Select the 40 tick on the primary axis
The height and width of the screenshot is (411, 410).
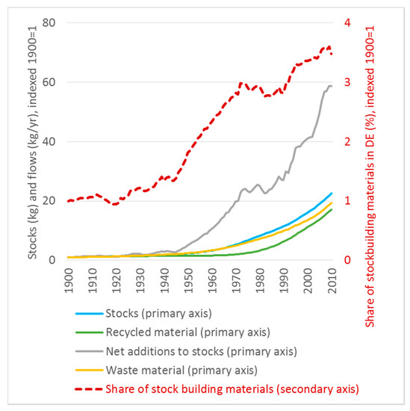49,141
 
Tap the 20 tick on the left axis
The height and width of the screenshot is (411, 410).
49,200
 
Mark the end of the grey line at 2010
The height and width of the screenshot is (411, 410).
332,86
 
